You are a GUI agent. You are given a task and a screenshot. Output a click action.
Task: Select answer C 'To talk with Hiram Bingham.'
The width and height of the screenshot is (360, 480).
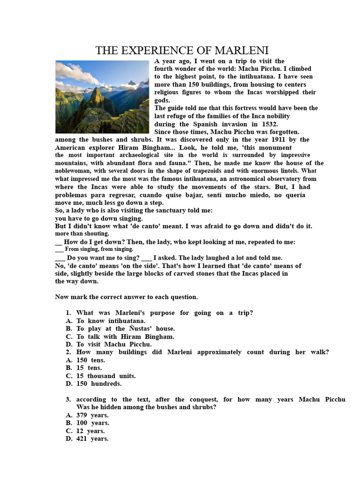point(125,337)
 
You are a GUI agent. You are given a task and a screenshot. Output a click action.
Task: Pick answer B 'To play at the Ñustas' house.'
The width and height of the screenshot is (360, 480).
point(125,329)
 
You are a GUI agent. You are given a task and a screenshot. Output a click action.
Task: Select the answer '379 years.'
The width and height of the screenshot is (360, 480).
point(92,415)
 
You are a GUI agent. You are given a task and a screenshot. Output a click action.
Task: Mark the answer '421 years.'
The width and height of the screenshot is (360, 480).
point(92,439)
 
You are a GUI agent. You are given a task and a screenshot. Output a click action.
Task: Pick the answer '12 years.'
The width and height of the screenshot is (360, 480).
point(90,431)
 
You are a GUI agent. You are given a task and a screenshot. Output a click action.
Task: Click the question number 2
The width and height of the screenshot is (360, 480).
point(68,352)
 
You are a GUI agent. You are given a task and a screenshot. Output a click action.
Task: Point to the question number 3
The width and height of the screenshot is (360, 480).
point(68,399)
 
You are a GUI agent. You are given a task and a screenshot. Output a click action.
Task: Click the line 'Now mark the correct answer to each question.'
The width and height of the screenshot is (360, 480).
point(127,297)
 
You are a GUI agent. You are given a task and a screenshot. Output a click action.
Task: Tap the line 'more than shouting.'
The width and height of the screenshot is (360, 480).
point(82,234)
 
